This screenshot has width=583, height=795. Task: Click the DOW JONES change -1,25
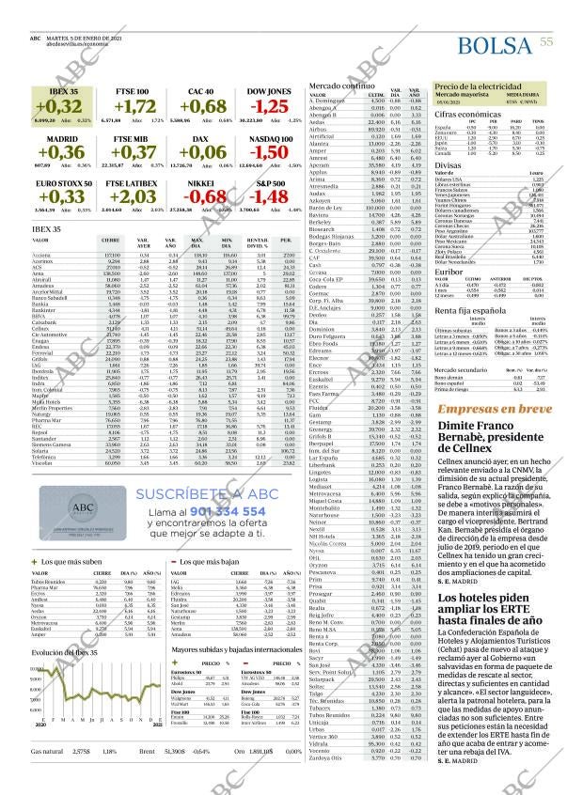(x=270, y=106)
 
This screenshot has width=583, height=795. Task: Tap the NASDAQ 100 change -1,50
(x=270, y=151)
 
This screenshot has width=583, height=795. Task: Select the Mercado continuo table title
(x=338, y=86)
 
